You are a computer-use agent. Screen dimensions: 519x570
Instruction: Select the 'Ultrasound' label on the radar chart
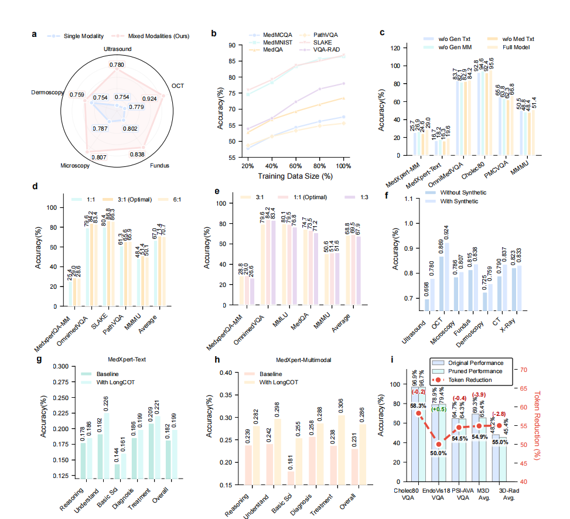tap(117, 49)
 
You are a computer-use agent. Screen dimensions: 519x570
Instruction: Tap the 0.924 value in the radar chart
tap(150, 99)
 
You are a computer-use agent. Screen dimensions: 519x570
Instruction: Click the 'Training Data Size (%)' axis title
tap(295, 176)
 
